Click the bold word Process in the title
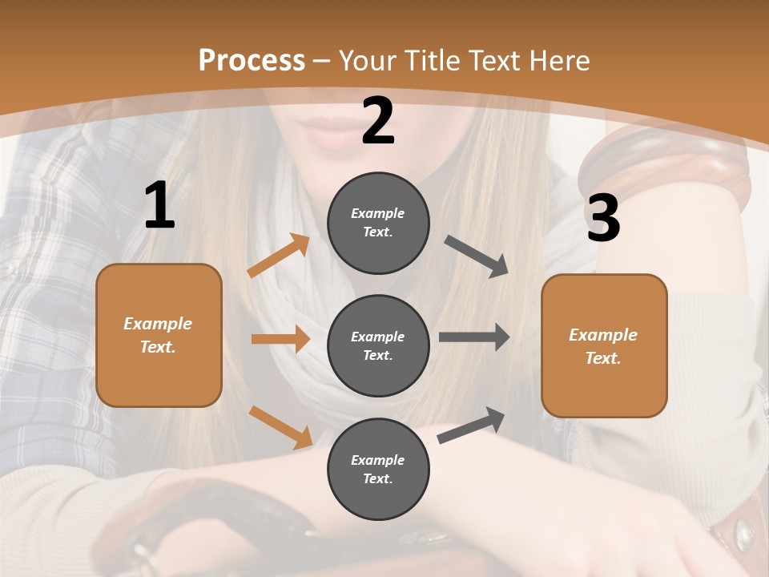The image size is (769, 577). click(x=252, y=60)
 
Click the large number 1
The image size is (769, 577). click(x=159, y=206)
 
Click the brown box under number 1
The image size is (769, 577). click(x=159, y=335)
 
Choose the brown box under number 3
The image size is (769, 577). click(x=604, y=345)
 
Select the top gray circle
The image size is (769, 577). click(x=378, y=223)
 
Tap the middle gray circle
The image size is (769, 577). click(x=378, y=345)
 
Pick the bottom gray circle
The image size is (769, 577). click(x=378, y=469)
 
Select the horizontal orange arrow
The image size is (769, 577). click(x=280, y=339)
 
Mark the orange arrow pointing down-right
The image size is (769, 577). click(x=281, y=426)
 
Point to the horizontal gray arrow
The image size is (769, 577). click(x=474, y=337)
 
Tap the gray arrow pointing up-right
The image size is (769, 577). click(x=471, y=426)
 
